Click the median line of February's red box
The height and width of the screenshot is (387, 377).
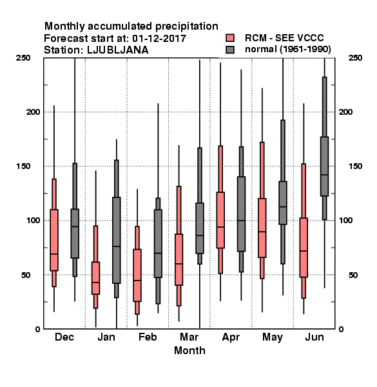[x=137, y=281]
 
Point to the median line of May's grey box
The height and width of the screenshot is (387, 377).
[x=283, y=206]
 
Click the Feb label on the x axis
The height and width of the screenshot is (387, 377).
[x=148, y=337]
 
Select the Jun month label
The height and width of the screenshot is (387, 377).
[x=314, y=337]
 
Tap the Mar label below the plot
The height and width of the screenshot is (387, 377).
[x=189, y=337]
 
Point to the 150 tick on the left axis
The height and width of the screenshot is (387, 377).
[x=23, y=166]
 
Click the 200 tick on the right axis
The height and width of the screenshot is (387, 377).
[x=345, y=112]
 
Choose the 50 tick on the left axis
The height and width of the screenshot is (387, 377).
[x=26, y=275]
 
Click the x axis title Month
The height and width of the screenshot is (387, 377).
[x=189, y=350]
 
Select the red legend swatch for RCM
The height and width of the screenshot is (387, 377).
[x=230, y=38]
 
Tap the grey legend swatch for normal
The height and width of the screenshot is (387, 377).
[x=230, y=50]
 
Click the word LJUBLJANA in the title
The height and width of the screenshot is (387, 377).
[x=118, y=50]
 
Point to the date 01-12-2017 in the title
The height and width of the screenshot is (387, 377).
[x=159, y=39]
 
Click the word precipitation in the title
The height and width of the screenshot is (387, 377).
[x=187, y=26]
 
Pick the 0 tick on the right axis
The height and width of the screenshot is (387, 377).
[x=341, y=329]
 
